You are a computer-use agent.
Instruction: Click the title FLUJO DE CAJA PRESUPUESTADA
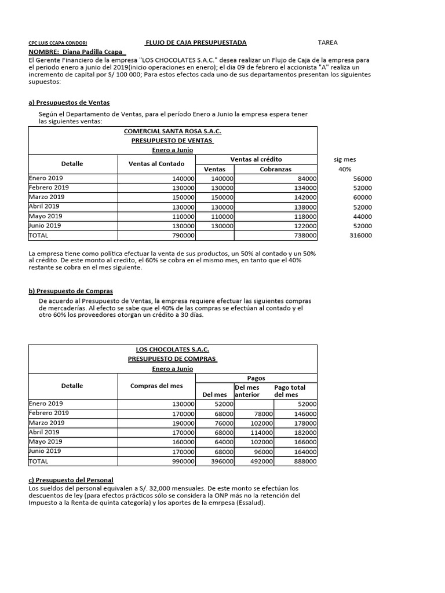196,43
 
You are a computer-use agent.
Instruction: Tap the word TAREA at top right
328,43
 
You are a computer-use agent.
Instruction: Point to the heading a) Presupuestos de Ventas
69,103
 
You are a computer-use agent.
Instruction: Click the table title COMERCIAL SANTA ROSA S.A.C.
172,131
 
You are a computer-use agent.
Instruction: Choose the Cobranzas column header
276,169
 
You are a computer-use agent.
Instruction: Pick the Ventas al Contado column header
156,164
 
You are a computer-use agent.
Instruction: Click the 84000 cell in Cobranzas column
305,178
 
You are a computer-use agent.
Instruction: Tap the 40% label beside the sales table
345,169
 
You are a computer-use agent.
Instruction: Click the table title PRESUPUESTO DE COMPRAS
172,359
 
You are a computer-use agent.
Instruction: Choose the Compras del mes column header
156,386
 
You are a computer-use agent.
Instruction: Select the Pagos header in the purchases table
256,378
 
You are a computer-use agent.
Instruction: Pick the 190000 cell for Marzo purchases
181,423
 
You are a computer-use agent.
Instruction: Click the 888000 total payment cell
304,462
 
